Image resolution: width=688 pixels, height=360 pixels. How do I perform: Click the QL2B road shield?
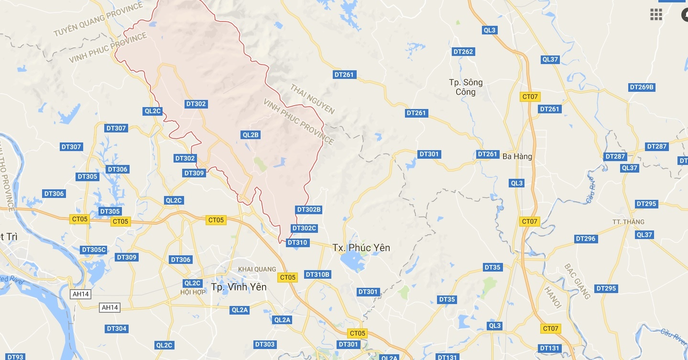(x=251, y=135)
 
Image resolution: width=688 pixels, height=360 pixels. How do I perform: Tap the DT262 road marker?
(x=463, y=52)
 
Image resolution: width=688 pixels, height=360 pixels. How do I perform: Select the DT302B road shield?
(x=309, y=209)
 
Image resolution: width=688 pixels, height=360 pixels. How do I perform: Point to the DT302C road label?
(x=304, y=228)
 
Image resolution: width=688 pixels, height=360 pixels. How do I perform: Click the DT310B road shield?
(x=317, y=274)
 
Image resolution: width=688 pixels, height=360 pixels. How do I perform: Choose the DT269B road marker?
(x=641, y=87)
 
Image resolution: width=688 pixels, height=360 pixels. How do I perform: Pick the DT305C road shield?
(x=94, y=250)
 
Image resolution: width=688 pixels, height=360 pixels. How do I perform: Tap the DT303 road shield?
(x=264, y=344)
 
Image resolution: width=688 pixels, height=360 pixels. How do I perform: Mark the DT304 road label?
(x=117, y=328)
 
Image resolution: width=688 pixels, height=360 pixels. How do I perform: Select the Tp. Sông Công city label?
(x=466, y=87)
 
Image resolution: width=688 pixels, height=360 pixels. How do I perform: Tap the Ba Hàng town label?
(x=517, y=156)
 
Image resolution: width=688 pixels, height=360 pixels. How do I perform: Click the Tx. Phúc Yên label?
(x=361, y=248)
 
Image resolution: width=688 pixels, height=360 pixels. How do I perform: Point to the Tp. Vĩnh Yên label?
(x=239, y=287)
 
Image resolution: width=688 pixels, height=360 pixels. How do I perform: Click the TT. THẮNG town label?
(x=628, y=222)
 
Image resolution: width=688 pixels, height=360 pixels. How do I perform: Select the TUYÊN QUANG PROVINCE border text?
(x=98, y=20)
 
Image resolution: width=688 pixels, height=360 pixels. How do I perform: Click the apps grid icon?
(x=656, y=14)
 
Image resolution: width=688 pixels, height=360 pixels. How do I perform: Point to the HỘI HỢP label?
(x=193, y=292)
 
